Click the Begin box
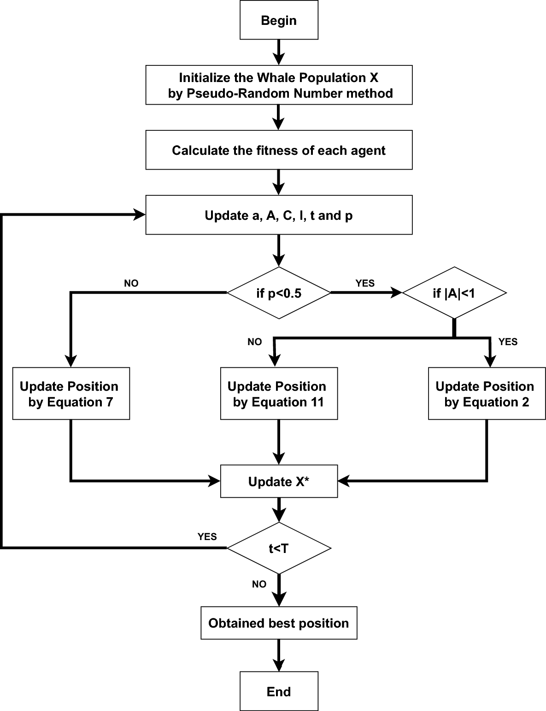279,20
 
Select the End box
279,691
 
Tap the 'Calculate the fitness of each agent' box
279,150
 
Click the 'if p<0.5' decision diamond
279,293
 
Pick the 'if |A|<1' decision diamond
454,293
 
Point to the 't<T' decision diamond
279,548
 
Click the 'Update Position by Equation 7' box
71,394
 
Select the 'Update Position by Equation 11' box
279,394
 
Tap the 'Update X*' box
279,482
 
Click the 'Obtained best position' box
279,623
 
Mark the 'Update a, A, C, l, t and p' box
279,215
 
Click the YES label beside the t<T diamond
207,537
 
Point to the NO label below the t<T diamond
259,584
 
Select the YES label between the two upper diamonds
365,283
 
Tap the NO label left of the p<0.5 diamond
131,283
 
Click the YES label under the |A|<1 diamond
508,341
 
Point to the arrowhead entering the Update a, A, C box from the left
140,215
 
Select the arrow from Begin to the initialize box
279,52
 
